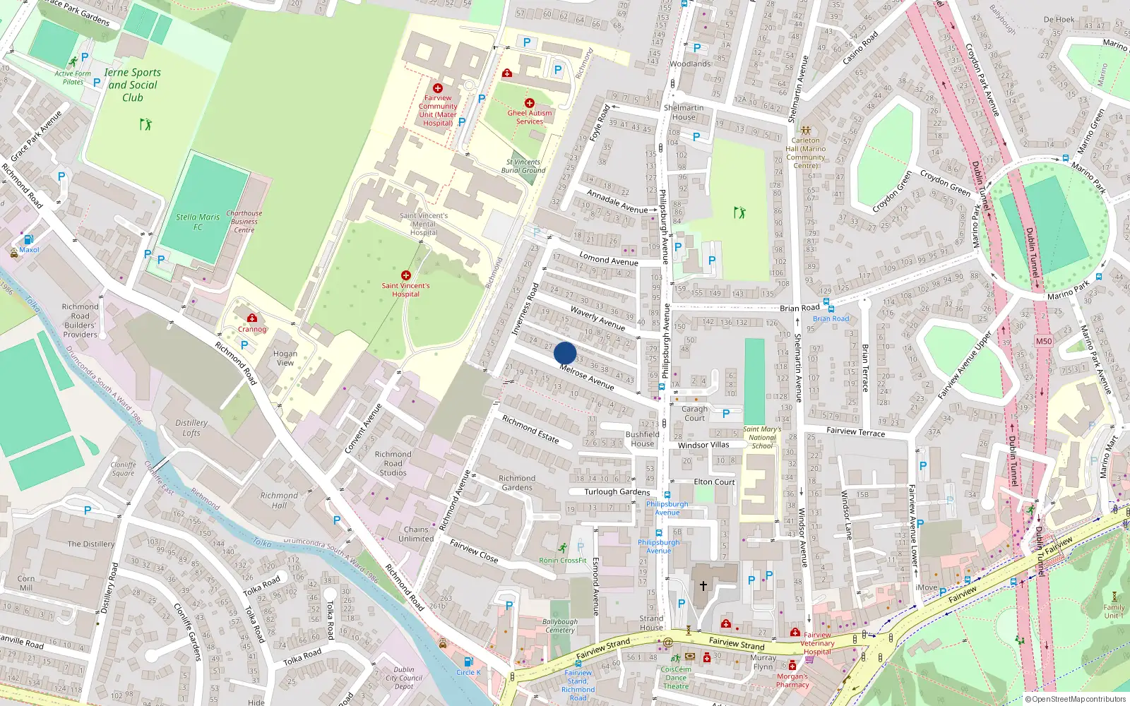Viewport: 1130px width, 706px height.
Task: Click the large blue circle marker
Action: [565, 353]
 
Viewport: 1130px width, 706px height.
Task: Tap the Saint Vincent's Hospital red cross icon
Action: [406, 275]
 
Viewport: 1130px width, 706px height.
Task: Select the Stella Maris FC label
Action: [198, 222]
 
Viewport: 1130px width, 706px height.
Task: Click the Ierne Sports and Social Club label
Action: [133, 85]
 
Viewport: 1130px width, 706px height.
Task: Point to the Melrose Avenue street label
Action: [587, 377]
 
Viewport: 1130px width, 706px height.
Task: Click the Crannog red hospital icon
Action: [252, 318]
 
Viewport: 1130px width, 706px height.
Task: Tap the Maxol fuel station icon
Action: [28, 240]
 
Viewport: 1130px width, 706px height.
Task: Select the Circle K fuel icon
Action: [468, 662]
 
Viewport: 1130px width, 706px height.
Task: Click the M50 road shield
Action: [1044, 341]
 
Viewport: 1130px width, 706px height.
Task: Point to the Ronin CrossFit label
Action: [563, 561]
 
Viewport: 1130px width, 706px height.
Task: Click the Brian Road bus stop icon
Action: [827, 309]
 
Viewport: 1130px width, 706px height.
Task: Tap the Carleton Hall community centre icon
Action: [806, 131]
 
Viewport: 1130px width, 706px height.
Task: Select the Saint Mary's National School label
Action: [762, 438]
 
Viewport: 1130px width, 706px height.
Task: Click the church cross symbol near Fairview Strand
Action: [703, 586]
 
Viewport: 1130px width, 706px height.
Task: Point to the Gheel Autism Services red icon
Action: [529, 103]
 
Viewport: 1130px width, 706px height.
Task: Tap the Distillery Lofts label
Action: [191, 428]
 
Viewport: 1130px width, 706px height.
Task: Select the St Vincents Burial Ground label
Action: [523, 166]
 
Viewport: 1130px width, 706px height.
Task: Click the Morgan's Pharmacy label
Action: [792, 681]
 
